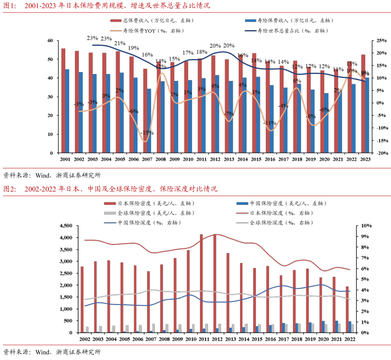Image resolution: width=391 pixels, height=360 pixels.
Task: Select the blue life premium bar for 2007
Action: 150,120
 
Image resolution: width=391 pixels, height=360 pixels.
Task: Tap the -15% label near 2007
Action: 148,133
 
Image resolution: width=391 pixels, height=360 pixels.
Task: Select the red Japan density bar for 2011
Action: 201,284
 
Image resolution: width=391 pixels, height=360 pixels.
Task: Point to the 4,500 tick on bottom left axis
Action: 63,226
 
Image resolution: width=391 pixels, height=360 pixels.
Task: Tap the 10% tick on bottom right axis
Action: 365,226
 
